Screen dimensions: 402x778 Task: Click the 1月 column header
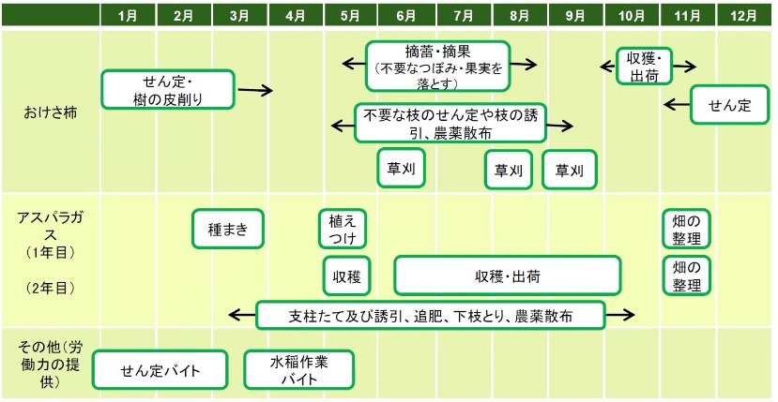(x=129, y=16)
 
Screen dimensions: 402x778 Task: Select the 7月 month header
(x=464, y=16)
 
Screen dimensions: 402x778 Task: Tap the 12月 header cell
(x=743, y=16)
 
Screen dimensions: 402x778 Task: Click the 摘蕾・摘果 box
(x=437, y=64)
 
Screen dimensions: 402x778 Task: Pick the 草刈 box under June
(x=402, y=169)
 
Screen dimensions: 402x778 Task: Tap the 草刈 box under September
(x=569, y=170)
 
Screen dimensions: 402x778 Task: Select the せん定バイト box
(x=160, y=369)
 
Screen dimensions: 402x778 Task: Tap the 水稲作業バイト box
(x=299, y=369)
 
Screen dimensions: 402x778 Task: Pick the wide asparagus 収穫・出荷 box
(x=508, y=276)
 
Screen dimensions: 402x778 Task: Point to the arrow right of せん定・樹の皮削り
(x=255, y=91)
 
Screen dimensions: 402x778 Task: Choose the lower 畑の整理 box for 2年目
(x=686, y=276)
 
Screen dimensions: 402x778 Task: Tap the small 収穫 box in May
(x=346, y=276)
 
